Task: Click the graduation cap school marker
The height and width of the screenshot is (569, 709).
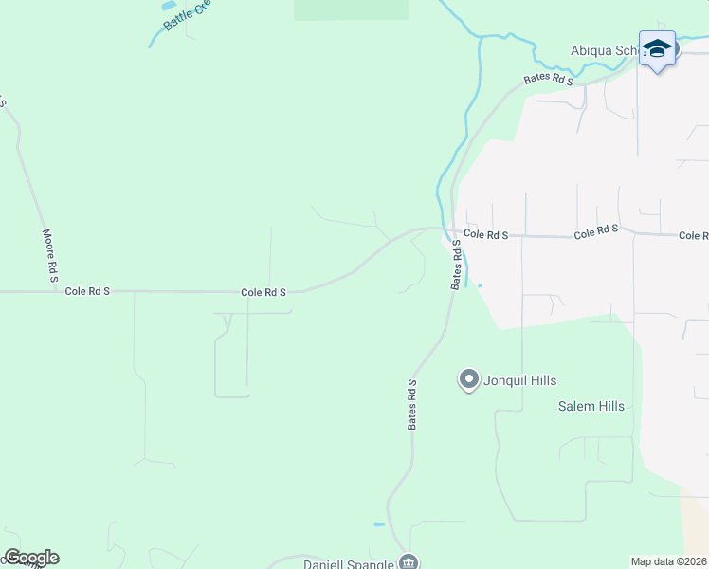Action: pyautogui.click(x=657, y=47)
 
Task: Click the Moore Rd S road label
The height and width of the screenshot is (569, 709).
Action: pyautogui.click(x=49, y=256)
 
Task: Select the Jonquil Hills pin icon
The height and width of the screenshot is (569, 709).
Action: pyautogui.click(x=468, y=380)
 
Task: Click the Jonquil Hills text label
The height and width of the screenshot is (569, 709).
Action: pyautogui.click(x=520, y=380)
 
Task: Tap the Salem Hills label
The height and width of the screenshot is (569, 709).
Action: pyautogui.click(x=590, y=406)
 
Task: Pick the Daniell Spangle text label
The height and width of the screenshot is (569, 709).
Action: pyautogui.click(x=348, y=564)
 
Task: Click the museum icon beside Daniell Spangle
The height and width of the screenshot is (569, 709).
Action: pyautogui.click(x=409, y=561)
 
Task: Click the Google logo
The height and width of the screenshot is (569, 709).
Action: pyautogui.click(x=31, y=558)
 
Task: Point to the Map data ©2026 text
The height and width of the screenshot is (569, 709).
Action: pyautogui.click(x=669, y=561)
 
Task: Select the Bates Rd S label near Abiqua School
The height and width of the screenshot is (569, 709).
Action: pyautogui.click(x=550, y=80)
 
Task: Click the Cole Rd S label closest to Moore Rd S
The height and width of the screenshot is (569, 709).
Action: pyautogui.click(x=87, y=292)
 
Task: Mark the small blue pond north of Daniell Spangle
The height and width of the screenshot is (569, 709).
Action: pyautogui.click(x=379, y=524)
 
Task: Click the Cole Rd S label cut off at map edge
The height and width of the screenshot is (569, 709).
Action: pyautogui.click(x=693, y=235)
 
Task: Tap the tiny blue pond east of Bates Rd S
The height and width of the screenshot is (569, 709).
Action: pyautogui.click(x=480, y=284)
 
